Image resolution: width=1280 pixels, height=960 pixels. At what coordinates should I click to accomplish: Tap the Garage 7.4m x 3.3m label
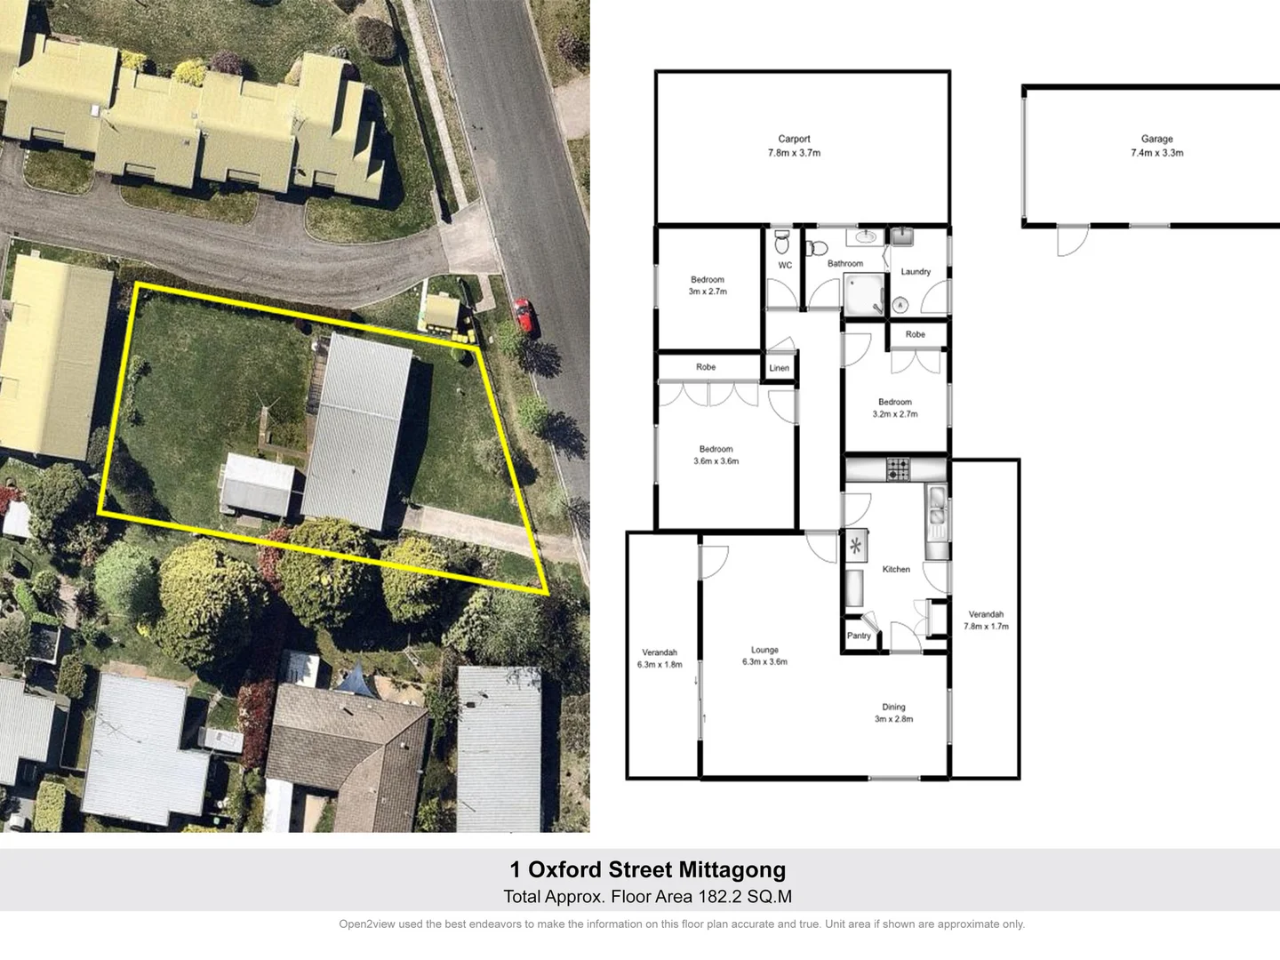pos(1156,146)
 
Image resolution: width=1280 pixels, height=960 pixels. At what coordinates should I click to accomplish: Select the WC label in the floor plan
pos(785,265)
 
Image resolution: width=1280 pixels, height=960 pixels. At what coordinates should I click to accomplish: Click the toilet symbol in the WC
pos(782,241)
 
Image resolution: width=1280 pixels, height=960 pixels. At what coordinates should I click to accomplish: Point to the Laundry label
pos(916,272)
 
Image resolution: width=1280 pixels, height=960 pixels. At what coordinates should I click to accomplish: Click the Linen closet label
pos(780,368)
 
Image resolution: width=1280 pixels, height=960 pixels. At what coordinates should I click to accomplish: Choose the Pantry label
pos(859,636)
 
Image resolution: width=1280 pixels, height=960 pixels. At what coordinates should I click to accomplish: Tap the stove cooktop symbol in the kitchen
pos(898,468)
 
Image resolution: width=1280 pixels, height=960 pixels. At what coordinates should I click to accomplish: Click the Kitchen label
pos(896,569)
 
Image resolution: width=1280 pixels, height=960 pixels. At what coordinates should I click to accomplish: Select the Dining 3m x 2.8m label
pos(893,713)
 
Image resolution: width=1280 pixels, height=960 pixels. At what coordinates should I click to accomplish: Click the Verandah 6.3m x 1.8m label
pos(660,659)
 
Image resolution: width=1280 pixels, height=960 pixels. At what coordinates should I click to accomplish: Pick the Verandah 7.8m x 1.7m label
pos(986,620)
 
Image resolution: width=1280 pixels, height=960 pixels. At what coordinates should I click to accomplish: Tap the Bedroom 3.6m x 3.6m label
pos(716,455)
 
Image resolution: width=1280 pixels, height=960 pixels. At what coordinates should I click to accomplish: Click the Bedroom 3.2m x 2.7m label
pos(895,408)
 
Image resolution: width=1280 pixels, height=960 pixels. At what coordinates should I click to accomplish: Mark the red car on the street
pos(524,316)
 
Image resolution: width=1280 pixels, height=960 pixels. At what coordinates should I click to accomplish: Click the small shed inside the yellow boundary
pos(257,484)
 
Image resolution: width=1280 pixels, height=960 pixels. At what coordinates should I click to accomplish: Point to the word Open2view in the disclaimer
pos(366,924)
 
